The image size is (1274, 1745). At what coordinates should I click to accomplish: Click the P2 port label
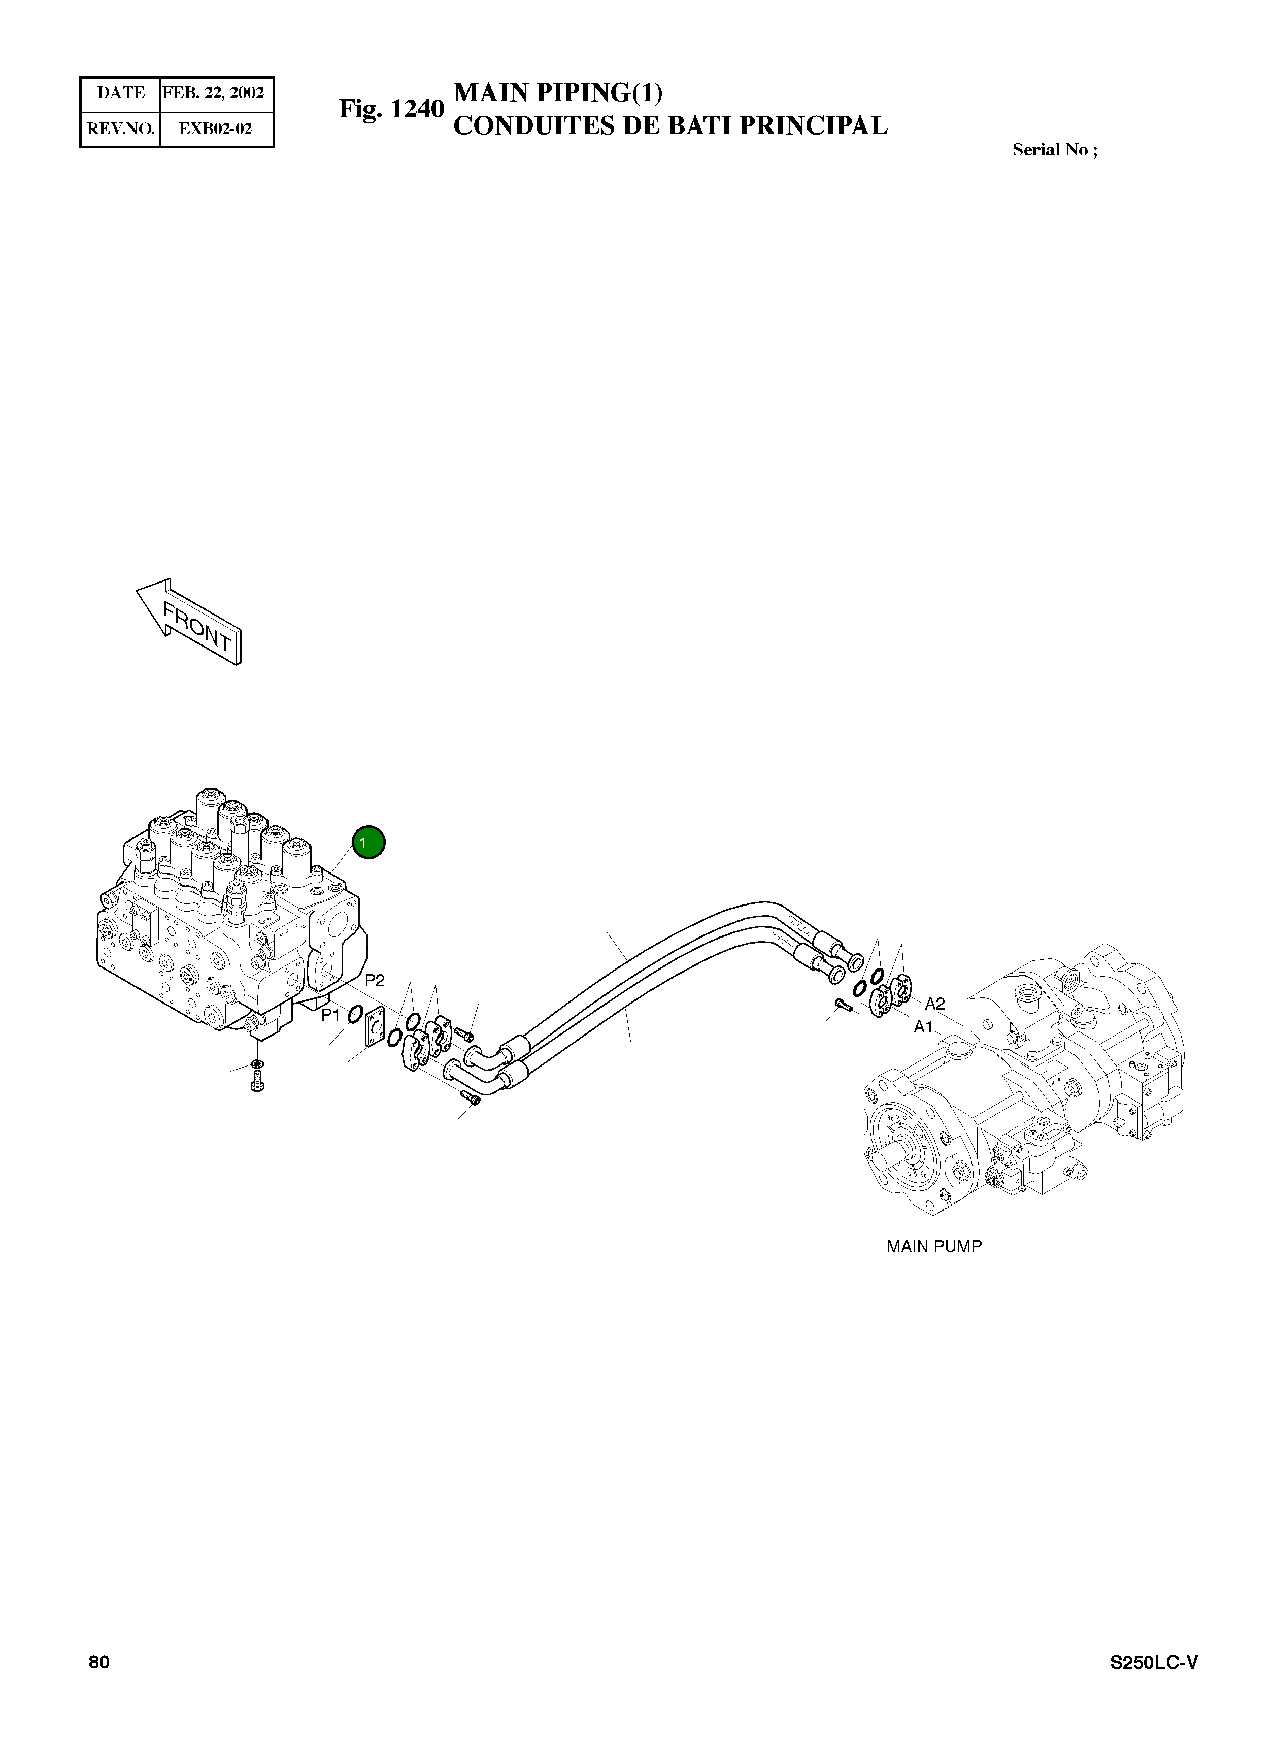[x=375, y=981]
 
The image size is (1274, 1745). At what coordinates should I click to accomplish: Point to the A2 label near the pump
[x=934, y=1004]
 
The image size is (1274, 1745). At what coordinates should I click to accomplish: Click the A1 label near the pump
[x=924, y=1027]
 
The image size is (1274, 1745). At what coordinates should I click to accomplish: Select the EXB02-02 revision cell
[x=215, y=129]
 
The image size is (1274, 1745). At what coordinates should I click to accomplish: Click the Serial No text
[x=1054, y=150]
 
